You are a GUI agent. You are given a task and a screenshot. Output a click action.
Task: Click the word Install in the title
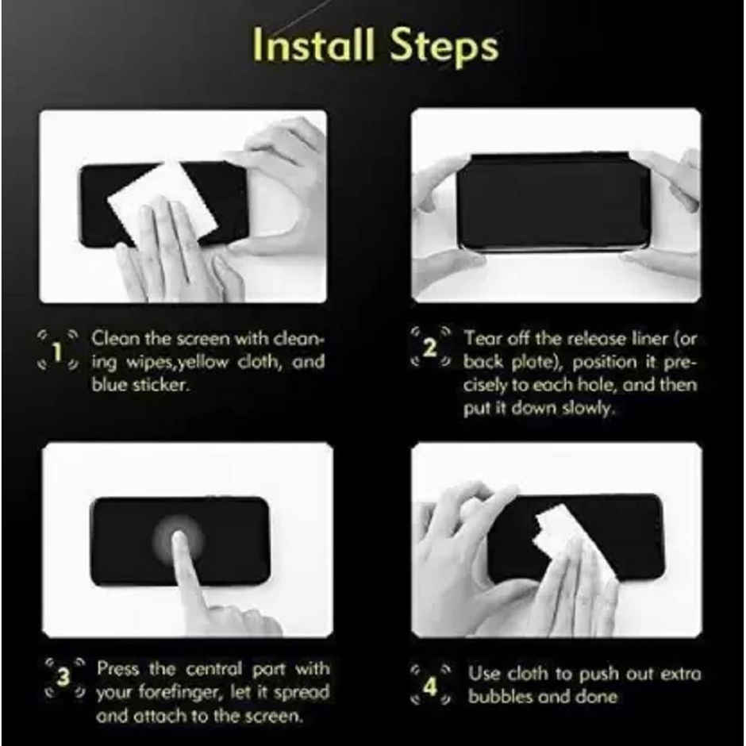click(x=316, y=48)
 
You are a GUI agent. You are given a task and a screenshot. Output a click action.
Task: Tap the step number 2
click(x=429, y=348)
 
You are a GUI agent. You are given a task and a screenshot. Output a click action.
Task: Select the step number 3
click(x=63, y=679)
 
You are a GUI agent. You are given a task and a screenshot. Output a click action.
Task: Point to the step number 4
click(x=429, y=686)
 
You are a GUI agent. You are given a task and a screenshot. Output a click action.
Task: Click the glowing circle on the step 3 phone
click(x=179, y=540)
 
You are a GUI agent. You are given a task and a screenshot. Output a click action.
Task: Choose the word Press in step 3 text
click(x=118, y=669)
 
